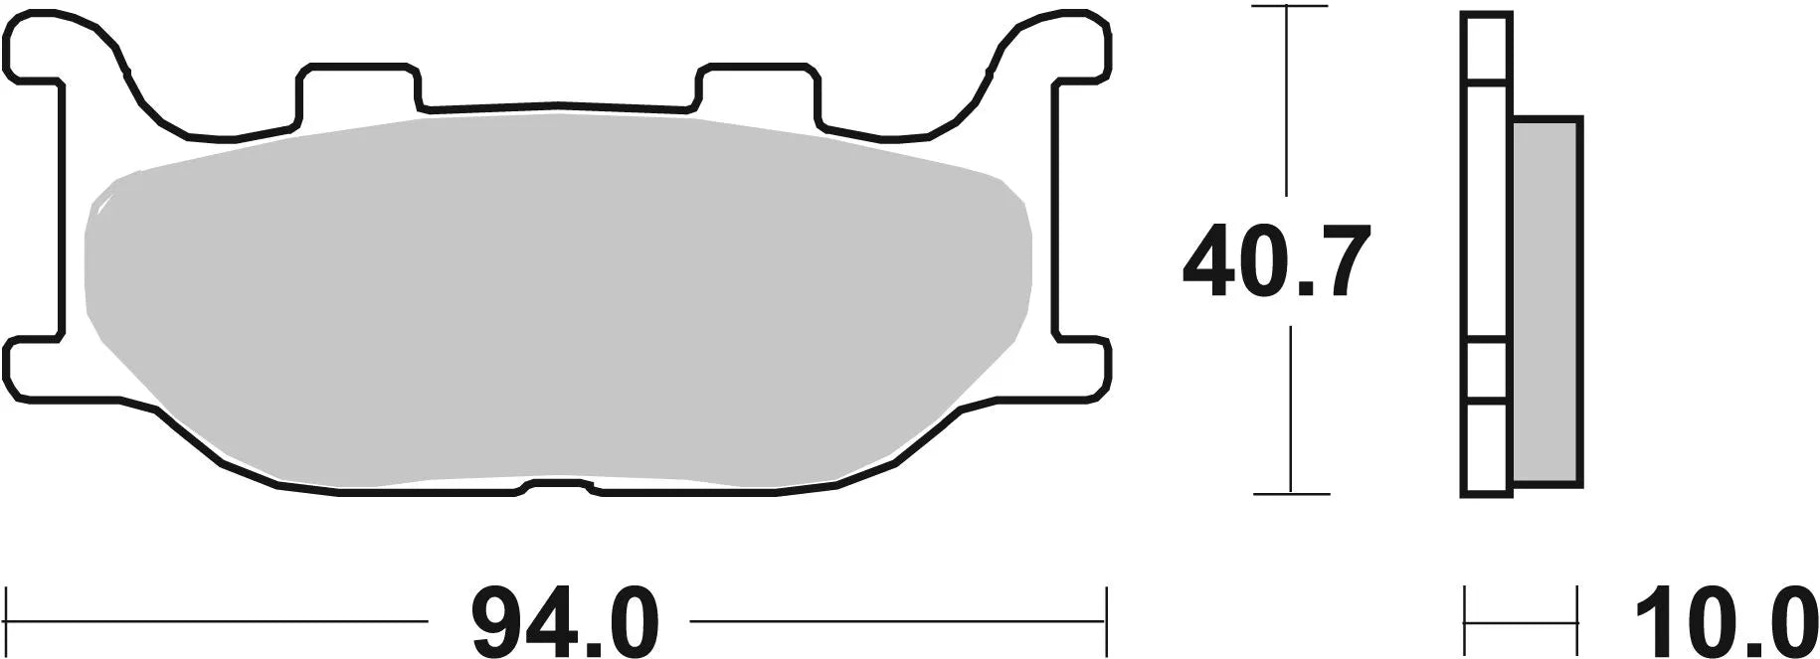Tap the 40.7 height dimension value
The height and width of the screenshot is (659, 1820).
1277,261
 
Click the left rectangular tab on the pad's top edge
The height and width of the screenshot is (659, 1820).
355,92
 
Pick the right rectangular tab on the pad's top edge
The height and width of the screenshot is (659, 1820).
760,92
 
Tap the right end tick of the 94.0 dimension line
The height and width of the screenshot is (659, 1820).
1106,619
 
